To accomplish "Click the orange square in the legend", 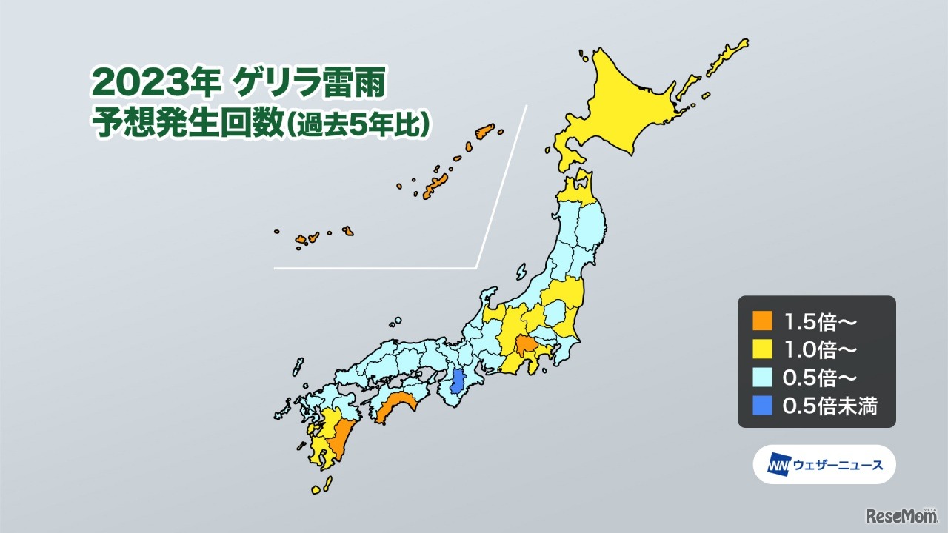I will (x=761, y=321).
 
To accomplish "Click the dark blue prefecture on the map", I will (x=458, y=381).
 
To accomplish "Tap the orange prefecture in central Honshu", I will (x=526, y=345).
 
